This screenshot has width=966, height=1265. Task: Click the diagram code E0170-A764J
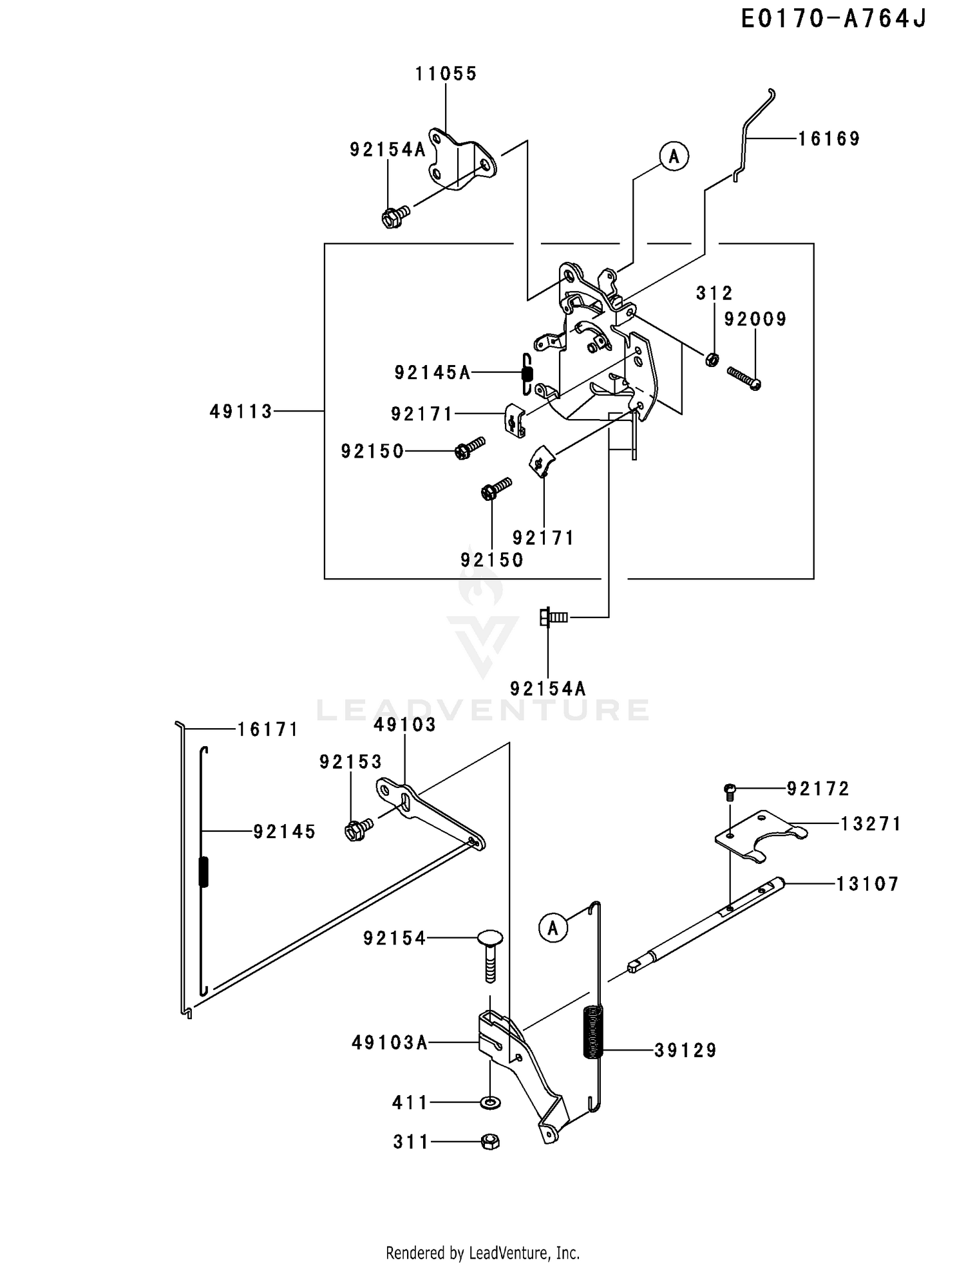coord(833,19)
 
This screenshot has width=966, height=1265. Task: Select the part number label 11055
coord(446,74)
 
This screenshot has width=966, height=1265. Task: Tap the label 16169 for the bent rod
coord(829,139)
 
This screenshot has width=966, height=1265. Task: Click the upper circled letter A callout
coord(674,156)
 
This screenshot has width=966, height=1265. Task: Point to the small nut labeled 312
coord(712,359)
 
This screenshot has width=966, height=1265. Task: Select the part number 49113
coord(241,412)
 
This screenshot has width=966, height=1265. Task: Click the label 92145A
coord(432,373)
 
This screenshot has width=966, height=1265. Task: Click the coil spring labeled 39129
coord(592,1032)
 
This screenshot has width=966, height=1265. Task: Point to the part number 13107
coord(867,884)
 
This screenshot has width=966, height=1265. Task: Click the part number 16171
coord(268,729)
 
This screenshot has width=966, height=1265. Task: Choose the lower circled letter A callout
coord(553,928)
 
